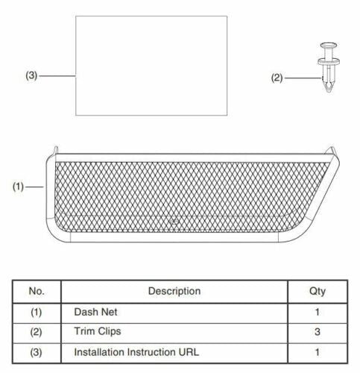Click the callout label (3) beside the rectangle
click(31, 75)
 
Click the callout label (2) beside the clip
click(277, 77)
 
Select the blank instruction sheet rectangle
click(152, 66)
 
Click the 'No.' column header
click(37, 290)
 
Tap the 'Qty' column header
click(317, 290)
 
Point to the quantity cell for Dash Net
click(317, 312)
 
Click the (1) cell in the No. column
click(37, 312)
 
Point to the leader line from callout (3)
click(58, 75)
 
